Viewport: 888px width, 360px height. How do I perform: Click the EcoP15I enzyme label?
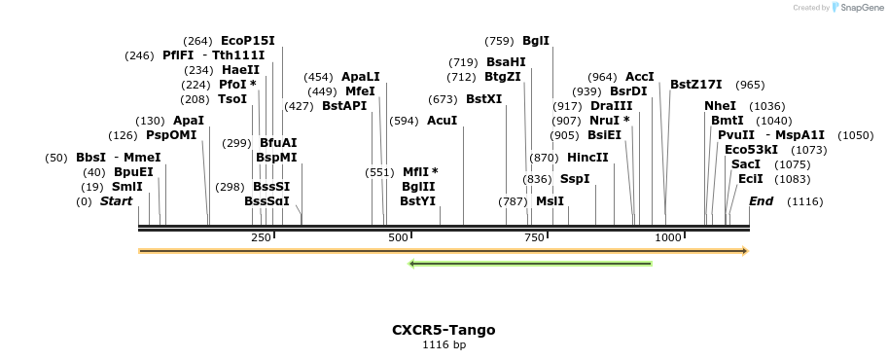247,41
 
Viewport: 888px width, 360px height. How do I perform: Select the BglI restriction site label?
536,41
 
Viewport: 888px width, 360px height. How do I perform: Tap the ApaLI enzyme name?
361,77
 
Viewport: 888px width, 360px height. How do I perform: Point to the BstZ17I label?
696,85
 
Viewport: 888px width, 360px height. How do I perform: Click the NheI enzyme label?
721,106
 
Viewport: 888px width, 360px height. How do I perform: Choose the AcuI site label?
442,121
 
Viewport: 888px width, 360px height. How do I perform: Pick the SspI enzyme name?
575,179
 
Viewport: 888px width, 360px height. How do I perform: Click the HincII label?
587,157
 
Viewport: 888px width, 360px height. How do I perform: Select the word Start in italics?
116,201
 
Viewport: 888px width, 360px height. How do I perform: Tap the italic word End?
761,201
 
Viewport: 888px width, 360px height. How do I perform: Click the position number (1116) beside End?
804,201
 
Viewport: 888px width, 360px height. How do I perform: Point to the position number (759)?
499,41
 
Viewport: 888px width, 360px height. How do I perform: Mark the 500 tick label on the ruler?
398,237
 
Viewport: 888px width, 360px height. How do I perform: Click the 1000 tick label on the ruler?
668,237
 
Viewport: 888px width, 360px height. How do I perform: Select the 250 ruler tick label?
261,237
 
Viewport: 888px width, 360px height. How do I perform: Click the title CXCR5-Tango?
444,330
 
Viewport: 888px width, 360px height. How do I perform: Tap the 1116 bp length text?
444,344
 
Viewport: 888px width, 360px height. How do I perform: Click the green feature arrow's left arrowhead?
411,263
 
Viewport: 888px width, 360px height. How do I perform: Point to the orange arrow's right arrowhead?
746,251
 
